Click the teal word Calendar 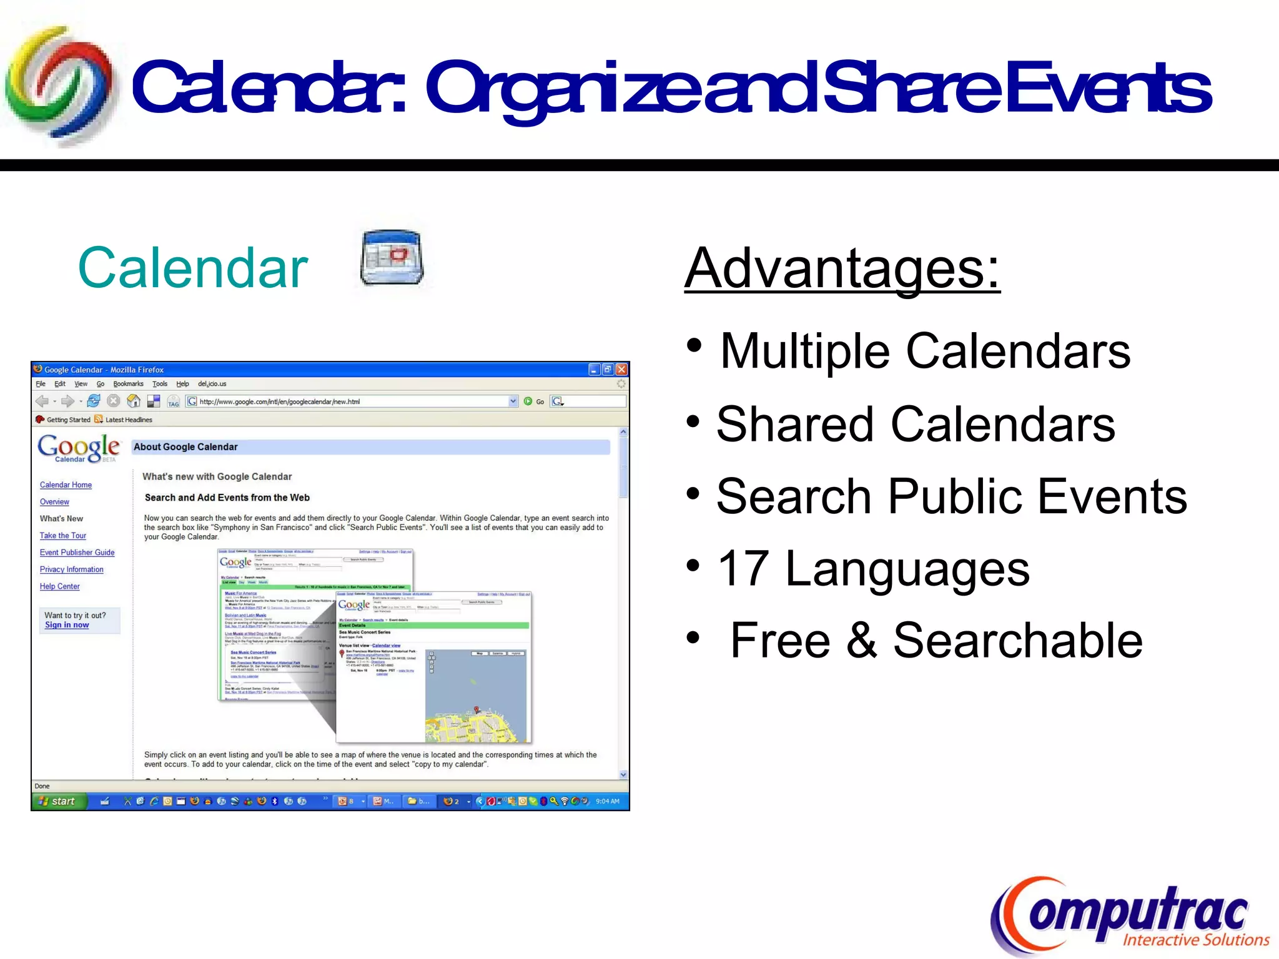point(193,268)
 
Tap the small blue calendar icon point(392,258)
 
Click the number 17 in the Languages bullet point(743,569)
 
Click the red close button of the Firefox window point(621,370)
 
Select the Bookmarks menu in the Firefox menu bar point(128,384)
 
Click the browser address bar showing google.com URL point(350,401)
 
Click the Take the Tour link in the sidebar point(63,536)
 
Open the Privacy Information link point(72,569)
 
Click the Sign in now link point(67,625)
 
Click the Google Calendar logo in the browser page point(78,448)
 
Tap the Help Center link point(60,586)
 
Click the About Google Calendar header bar point(371,447)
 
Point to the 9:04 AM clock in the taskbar point(607,801)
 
